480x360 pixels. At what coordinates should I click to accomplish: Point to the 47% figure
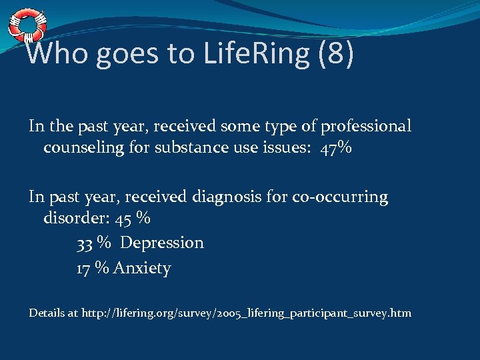335,147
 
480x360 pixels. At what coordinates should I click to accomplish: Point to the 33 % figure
93,243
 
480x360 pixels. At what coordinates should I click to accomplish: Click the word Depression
162,243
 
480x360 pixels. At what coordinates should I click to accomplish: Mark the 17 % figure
93,268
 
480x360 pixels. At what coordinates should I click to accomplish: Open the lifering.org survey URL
246,313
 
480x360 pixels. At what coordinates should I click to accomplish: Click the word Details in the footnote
47,313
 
